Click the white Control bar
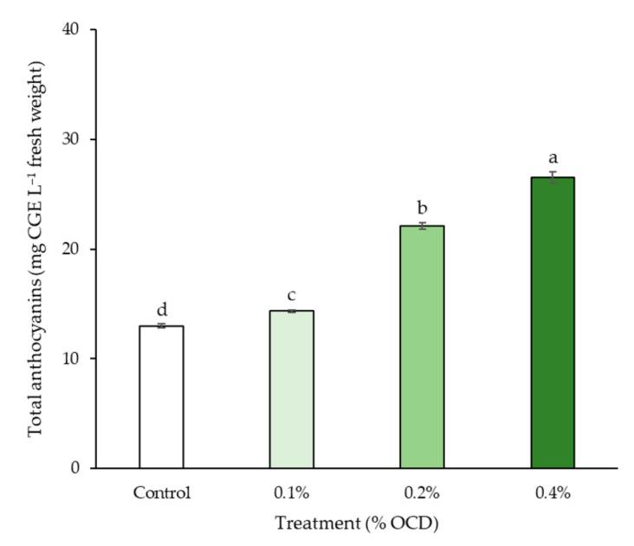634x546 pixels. (161, 397)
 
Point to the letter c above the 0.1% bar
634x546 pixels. (292, 296)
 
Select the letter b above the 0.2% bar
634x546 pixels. (422, 209)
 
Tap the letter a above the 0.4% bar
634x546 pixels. (553, 158)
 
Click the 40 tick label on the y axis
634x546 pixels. (71, 30)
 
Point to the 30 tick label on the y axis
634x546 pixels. (71, 140)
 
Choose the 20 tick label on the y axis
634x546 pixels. (71, 249)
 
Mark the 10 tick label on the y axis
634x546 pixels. (71, 359)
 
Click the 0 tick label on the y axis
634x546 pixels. (75, 469)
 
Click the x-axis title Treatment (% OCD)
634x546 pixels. (356, 524)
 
